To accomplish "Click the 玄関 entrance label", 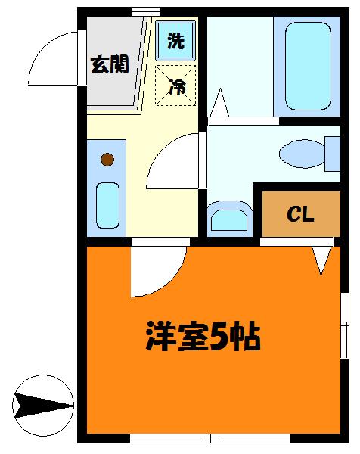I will point(110,64).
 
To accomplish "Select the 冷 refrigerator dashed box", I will point(175,85).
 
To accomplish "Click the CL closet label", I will point(300,215).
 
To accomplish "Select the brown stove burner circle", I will point(107,160).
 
